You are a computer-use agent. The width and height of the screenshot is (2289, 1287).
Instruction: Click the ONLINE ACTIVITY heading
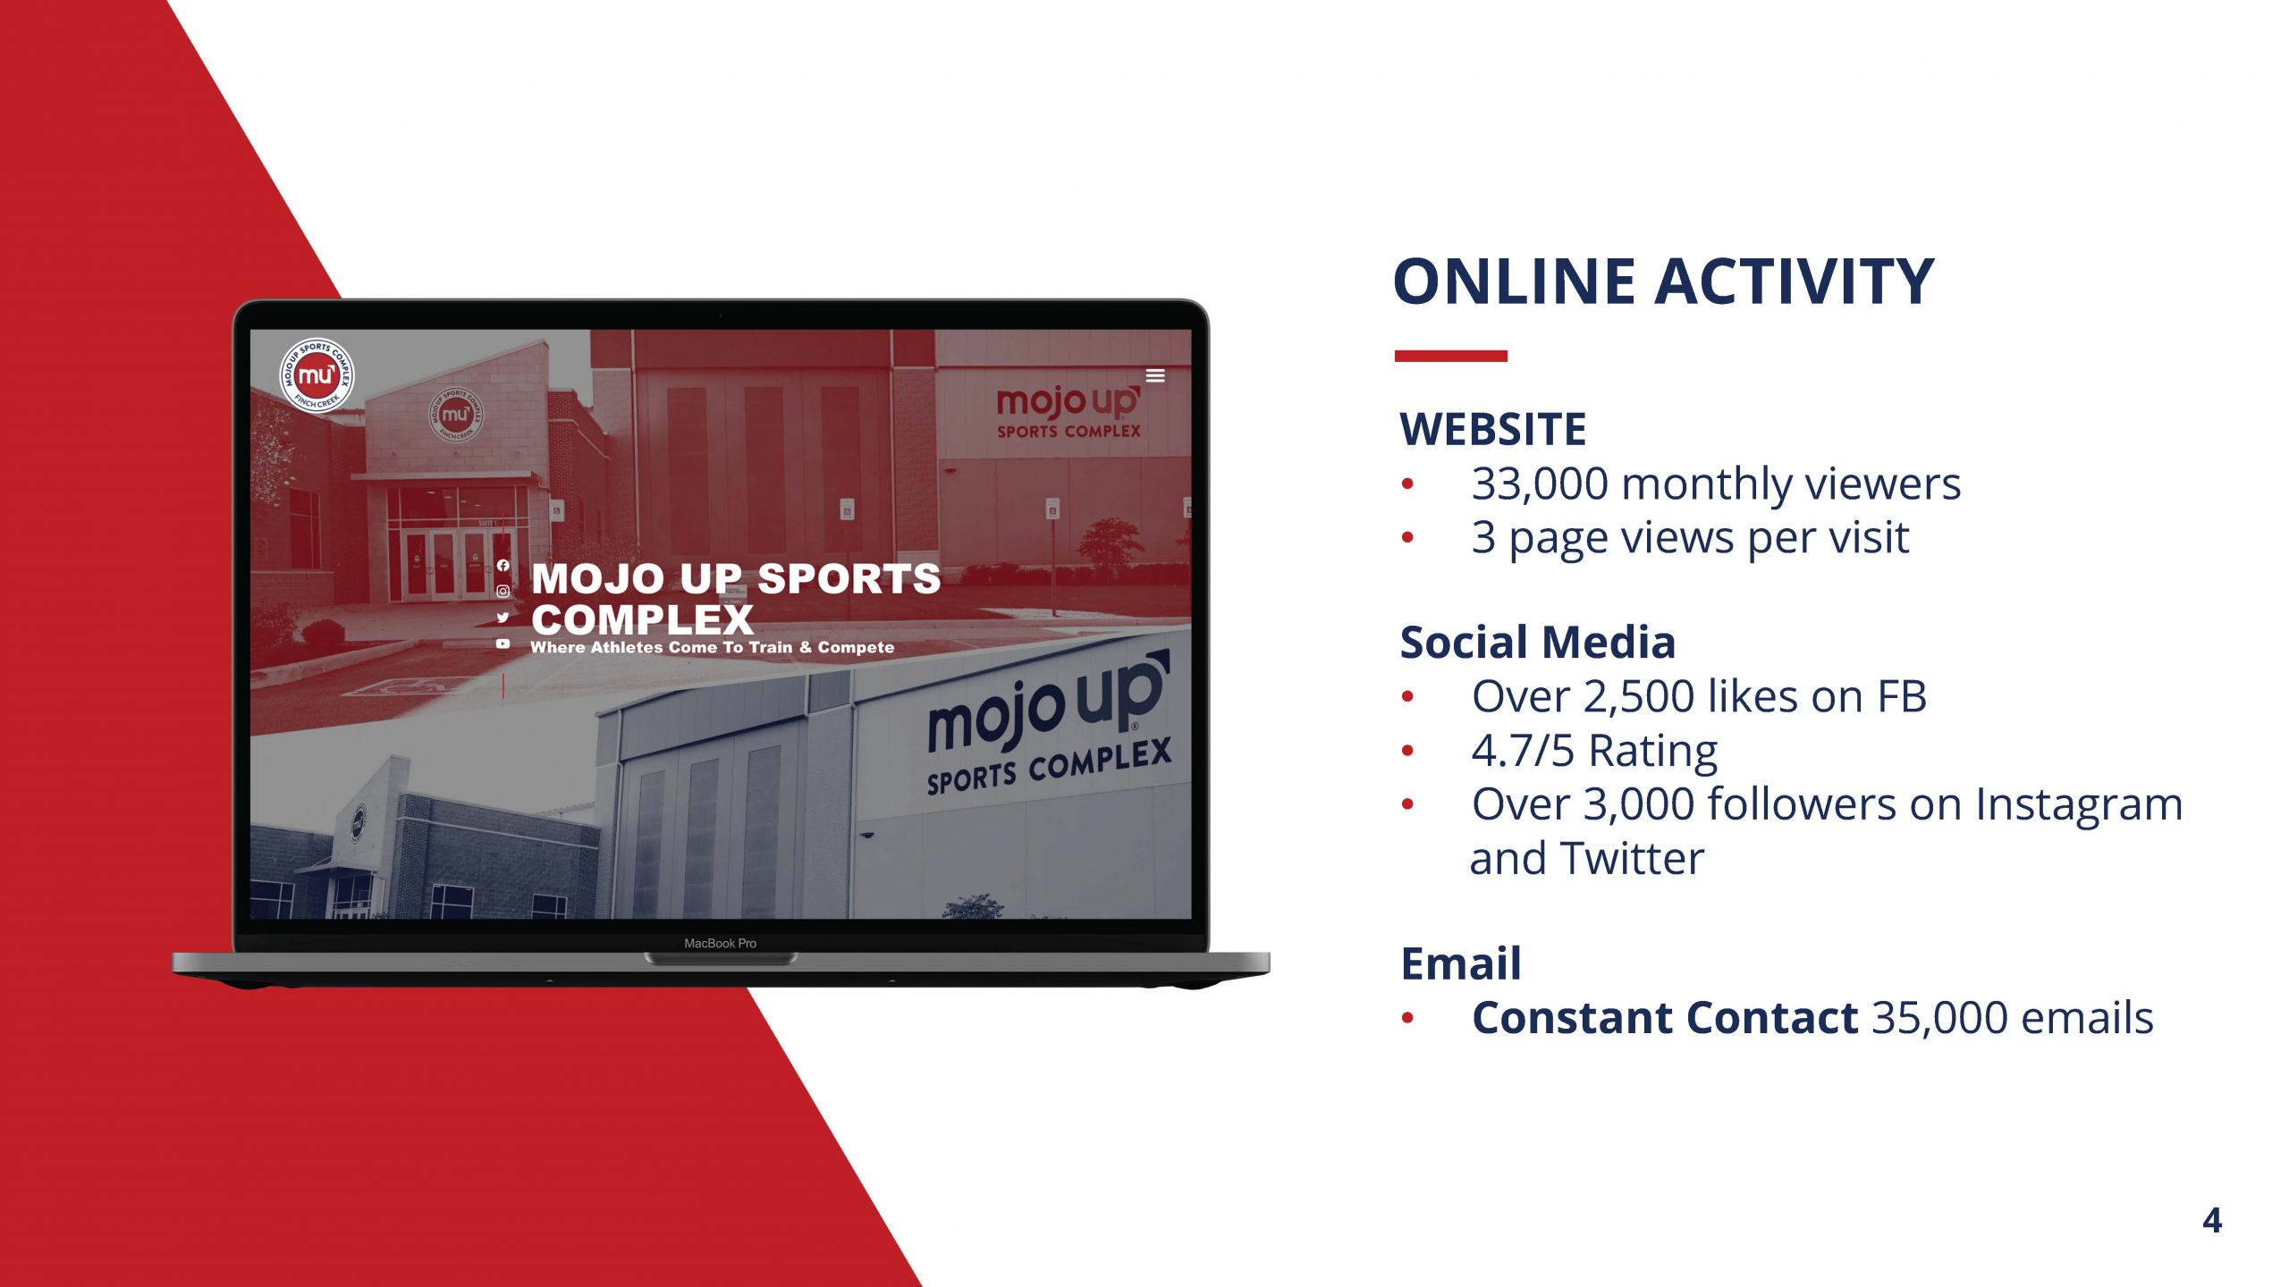pyautogui.click(x=1663, y=282)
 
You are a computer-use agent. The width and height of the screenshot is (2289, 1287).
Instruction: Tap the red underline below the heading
pyautogui.click(x=1450, y=356)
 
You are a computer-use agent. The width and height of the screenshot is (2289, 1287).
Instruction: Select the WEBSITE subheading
pyautogui.click(x=1492, y=429)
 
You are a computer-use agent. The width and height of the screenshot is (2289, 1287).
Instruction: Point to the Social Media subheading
pyautogui.click(x=1537, y=642)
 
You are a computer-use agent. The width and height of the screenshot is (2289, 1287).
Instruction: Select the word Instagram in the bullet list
pyautogui.click(x=2079, y=805)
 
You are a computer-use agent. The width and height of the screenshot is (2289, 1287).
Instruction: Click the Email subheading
pyautogui.click(x=1460, y=963)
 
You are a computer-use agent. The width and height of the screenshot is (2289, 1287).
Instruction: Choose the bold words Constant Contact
pyautogui.click(x=1665, y=1017)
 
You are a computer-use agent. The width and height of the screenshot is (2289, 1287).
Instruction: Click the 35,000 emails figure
pyautogui.click(x=2013, y=1017)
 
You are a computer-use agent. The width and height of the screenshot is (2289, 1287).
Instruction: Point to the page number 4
pyautogui.click(x=2212, y=1220)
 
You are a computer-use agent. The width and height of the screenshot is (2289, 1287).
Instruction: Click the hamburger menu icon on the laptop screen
pyautogui.click(x=1155, y=375)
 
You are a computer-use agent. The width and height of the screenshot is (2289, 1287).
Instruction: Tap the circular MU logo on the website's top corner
pyautogui.click(x=317, y=375)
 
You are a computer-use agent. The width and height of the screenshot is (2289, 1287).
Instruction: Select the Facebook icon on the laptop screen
pyautogui.click(x=503, y=566)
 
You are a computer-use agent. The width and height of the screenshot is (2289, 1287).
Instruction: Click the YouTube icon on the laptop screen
pyautogui.click(x=503, y=643)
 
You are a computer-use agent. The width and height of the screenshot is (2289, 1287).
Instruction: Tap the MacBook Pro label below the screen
pyautogui.click(x=720, y=943)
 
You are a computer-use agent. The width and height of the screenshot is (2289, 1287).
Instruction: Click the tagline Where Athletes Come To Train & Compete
pyautogui.click(x=712, y=647)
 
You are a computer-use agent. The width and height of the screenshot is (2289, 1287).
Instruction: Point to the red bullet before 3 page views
pyautogui.click(x=1408, y=538)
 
